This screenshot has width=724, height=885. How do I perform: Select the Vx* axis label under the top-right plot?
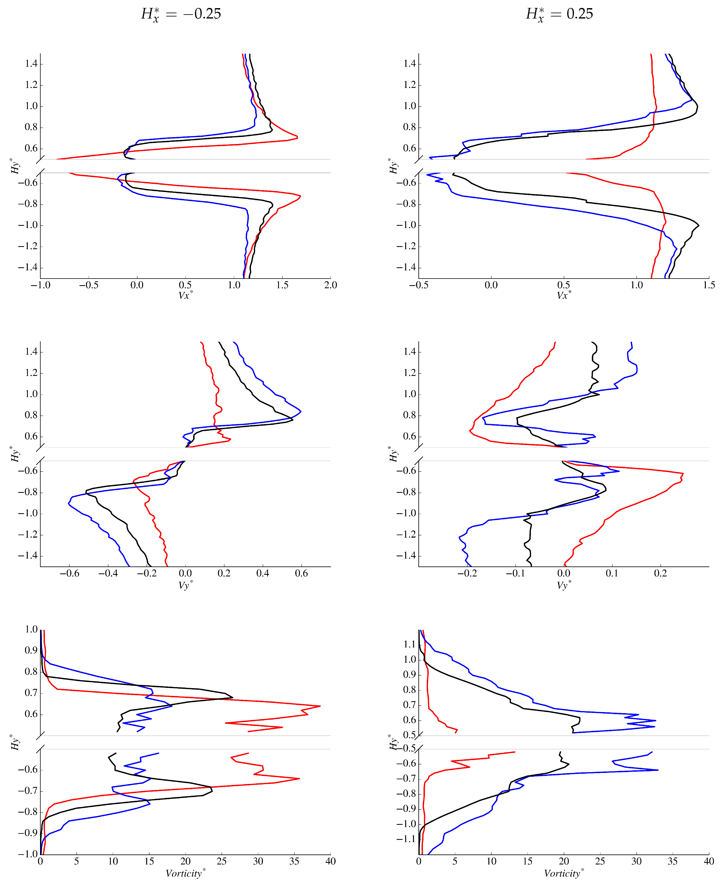click(x=564, y=295)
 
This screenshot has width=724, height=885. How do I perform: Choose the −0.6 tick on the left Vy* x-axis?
click(x=69, y=573)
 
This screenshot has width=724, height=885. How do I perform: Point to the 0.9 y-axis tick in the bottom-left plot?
click(x=31, y=650)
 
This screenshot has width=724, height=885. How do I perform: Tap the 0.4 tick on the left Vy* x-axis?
click(x=263, y=573)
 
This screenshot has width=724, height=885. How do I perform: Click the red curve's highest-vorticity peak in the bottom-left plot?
click(x=320, y=706)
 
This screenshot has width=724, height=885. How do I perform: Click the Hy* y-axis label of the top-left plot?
click(x=15, y=166)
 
